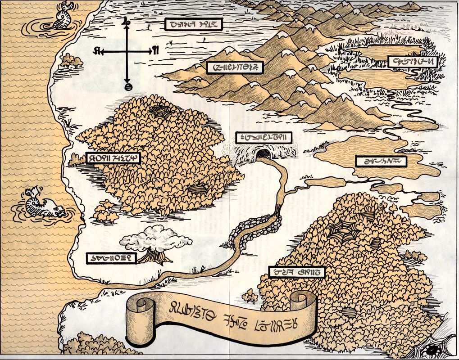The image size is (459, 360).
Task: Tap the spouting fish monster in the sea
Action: pyautogui.click(x=43, y=205)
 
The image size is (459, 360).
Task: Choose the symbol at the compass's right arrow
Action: pyautogui.click(x=155, y=50)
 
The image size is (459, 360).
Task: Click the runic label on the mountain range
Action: pyautogui.click(x=234, y=68)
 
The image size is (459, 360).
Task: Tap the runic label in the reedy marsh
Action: pyautogui.click(x=413, y=62)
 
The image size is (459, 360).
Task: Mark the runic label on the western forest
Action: pyautogui.click(x=113, y=158)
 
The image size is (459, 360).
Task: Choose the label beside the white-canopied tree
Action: pyautogui.click(x=111, y=258)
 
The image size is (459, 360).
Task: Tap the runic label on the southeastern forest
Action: pyautogui.click(x=296, y=271)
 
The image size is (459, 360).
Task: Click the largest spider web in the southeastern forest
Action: pyautogui.click(x=344, y=232)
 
